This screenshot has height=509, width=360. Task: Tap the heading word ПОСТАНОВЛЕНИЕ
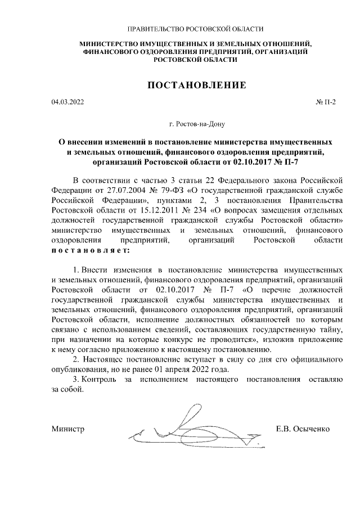pos(196,85)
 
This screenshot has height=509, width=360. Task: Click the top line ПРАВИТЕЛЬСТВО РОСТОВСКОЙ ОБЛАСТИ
pos(196,28)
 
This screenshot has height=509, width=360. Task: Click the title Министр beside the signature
pos(67,429)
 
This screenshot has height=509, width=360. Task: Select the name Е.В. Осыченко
pos(303,429)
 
